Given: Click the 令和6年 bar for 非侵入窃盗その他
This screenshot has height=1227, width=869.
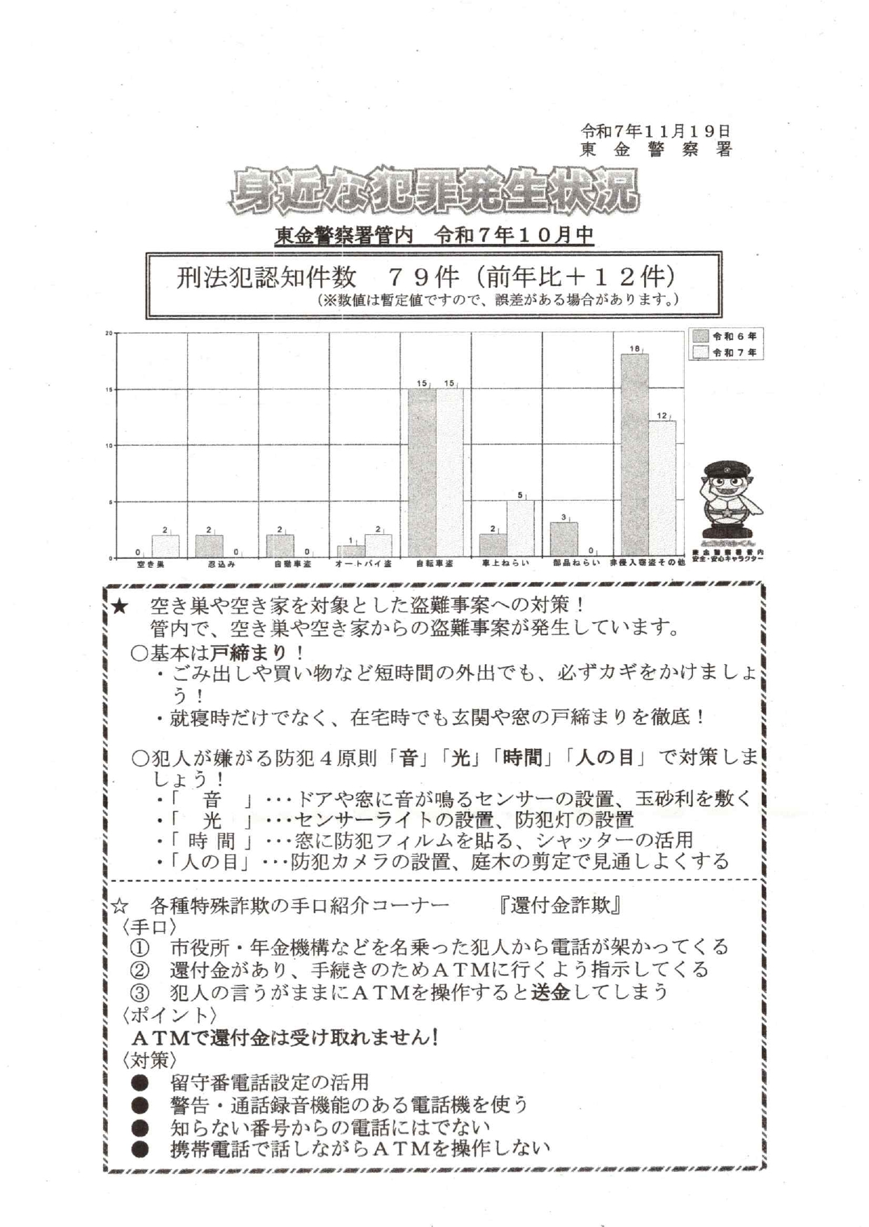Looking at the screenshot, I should (634, 455).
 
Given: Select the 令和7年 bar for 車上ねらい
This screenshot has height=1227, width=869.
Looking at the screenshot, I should (521, 528).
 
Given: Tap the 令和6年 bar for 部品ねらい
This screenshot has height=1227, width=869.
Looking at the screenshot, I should (563, 538).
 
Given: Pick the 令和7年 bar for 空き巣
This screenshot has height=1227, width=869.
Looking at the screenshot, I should (165, 545).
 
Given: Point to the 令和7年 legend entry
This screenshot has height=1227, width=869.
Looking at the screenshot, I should (726, 353).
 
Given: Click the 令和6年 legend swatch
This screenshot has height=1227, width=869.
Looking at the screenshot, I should (700, 337).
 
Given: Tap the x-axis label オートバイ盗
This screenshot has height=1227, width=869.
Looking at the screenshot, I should (363, 563).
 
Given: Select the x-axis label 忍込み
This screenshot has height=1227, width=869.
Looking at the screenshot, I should (221, 563).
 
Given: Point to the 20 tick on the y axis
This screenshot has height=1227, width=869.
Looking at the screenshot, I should (109, 333).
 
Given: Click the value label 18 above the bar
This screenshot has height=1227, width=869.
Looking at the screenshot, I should (634, 348).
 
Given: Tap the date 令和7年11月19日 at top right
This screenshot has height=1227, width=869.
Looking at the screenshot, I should (655, 131).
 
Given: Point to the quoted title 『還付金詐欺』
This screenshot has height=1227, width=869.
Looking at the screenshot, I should (559, 905).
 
